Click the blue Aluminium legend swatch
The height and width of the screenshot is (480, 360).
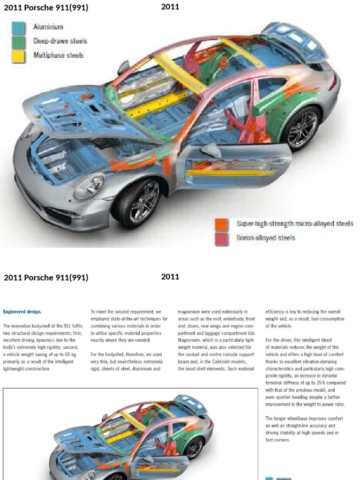click(x=18, y=28)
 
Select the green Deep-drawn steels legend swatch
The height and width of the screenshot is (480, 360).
click(x=18, y=41)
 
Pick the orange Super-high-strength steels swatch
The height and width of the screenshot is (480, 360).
click(x=222, y=224)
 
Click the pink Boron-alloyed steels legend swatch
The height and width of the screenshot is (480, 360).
click(x=222, y=238)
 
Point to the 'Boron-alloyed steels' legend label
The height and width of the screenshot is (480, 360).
click(x=266, y=238)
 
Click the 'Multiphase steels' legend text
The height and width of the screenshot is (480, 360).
click(x=59, y=55)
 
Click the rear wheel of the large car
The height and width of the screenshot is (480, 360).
click(x=301, y=128)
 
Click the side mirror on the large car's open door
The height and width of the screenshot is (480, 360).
click(x=211, y=151)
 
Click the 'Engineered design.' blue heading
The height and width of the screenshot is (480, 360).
click(x=22, y=311)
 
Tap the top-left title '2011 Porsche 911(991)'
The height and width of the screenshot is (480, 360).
click(x=46, y=7)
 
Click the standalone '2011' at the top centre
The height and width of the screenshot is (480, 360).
click(x=170, y=7)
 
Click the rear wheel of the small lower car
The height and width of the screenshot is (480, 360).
click(x=195, y=448)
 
